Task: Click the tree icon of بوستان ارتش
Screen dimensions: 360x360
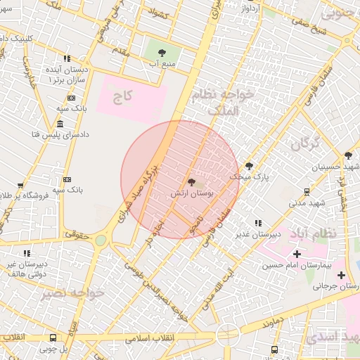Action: (x=191, y=182)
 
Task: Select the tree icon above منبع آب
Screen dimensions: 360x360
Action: (x=162, y=52)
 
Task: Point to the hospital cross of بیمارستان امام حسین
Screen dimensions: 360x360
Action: (x=297, y=254)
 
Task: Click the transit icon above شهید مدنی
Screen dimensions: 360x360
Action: (x=307, y=191)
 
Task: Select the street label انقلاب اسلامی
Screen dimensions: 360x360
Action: (x=151, y=337)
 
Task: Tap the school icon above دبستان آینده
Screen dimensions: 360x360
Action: (x=67, y=59)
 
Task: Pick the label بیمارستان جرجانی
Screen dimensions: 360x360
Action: (x=336, y=286)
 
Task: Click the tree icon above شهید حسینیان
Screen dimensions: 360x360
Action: (x=348, y=156)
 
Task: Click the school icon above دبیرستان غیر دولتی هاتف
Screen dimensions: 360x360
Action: (x=27, y=253)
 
